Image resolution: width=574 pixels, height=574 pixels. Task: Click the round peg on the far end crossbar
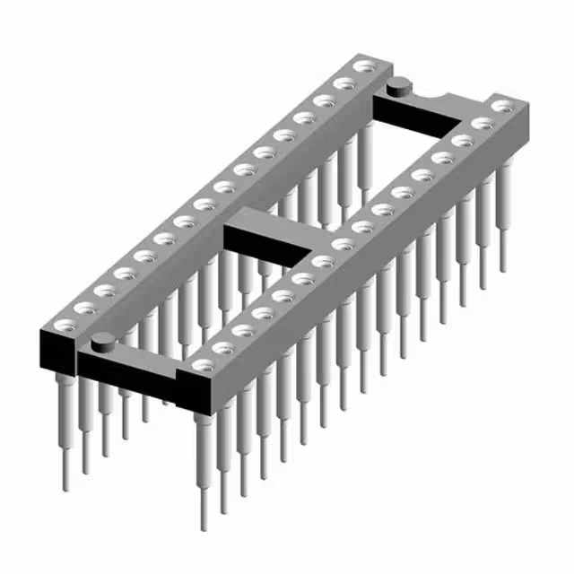pos(398,85)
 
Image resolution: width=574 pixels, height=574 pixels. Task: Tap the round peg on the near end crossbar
pos(103,340)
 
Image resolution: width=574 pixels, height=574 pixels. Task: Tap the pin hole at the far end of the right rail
pos(504,106)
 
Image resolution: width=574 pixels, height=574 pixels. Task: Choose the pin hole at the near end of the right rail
pos(205,365)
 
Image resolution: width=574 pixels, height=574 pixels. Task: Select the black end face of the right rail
pos(203,395)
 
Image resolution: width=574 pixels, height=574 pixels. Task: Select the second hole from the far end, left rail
pos(344,84)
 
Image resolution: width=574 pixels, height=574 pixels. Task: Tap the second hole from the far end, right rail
pos(483,124)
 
